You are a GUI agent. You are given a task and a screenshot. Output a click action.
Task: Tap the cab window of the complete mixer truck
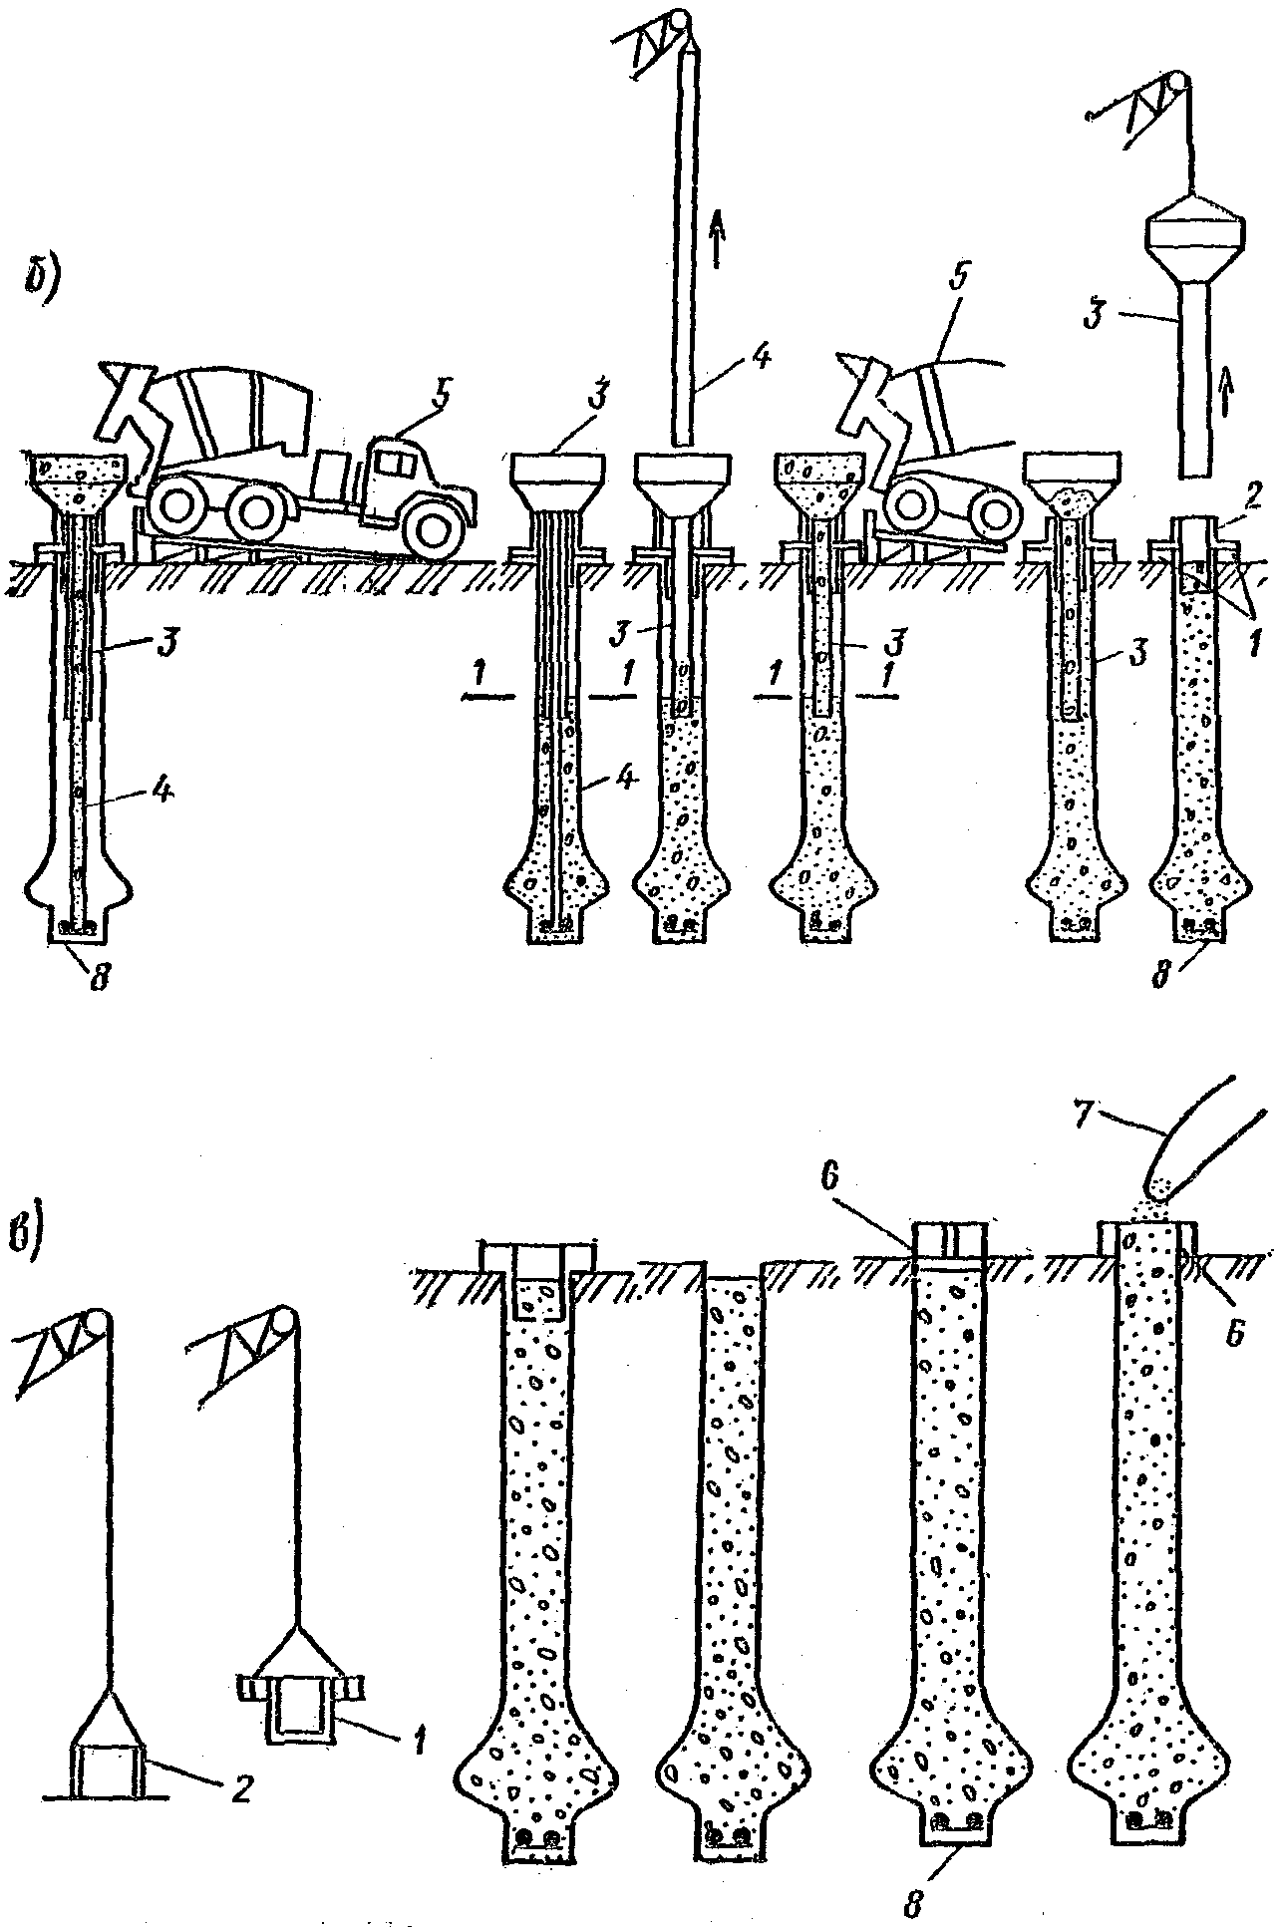point(394,463)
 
